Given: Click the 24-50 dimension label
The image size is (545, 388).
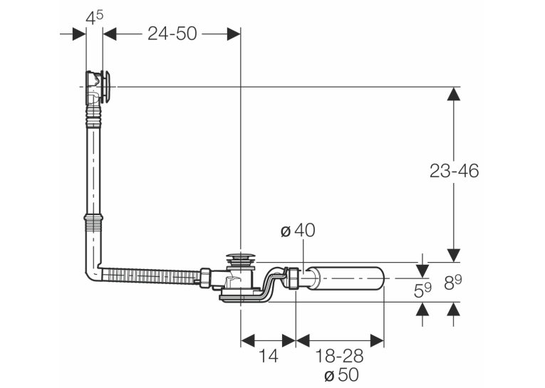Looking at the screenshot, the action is [x=172, y=33].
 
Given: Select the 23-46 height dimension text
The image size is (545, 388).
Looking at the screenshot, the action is [x=454, y=171].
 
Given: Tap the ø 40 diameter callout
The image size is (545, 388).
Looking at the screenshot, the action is [x=298, y=230].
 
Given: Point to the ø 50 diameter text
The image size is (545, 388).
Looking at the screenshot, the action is [x=341, y=375].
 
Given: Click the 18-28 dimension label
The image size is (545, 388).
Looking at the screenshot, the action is [x=339, y=356].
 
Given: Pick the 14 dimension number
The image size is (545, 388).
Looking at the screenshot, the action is [x=269, y=356].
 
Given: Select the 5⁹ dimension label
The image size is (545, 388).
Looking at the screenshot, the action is [x=422, y=290].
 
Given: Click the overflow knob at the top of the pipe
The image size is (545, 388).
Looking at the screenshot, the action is [x=106, y=86].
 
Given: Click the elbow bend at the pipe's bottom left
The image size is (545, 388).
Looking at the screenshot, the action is [x=93, y=273].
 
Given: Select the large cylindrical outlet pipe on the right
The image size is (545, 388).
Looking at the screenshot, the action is [x=346, y=278].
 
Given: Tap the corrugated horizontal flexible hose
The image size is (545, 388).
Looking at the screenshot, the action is [x=151, y=274].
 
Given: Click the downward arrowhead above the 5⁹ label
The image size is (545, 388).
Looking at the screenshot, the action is [x=422, y=271].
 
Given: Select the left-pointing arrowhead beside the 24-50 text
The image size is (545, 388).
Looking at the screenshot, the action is [x=110, y=34].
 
